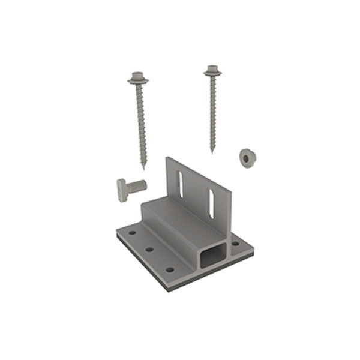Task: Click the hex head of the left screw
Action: click(138, 77)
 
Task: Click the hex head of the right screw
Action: click(212, 71)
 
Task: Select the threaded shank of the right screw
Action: click(212, 111)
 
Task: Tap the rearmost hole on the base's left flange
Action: click(133, 232)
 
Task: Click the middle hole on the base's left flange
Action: click(149, 248)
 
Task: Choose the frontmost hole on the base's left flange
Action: click(170, 269)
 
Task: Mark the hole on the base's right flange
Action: click(235, 244)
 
